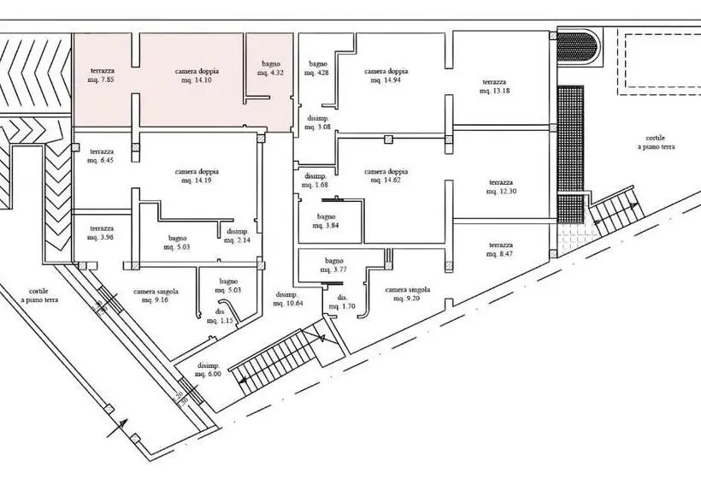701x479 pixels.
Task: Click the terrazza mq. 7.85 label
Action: point(103,75)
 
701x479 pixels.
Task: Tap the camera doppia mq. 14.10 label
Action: point(197,75)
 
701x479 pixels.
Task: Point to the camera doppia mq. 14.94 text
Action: point(386,75)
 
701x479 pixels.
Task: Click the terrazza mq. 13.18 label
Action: point(494,86)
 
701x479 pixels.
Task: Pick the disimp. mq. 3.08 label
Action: point(318,122)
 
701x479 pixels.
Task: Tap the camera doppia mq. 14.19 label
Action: point(197,176)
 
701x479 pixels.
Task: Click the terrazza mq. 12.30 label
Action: point(501,187)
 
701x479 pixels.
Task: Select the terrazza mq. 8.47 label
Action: point(501,250)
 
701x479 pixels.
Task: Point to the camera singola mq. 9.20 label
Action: point(407,294)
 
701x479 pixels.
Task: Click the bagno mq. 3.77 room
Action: point(333,265)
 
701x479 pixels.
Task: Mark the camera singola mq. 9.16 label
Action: point(156,296)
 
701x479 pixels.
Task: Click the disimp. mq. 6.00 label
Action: point(208,370)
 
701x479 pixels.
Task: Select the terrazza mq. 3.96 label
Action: point(101,233)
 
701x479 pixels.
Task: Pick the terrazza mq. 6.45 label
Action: point(101,156)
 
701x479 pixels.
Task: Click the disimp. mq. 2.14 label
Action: point(238,236)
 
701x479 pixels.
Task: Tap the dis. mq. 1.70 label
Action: point(342,302)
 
